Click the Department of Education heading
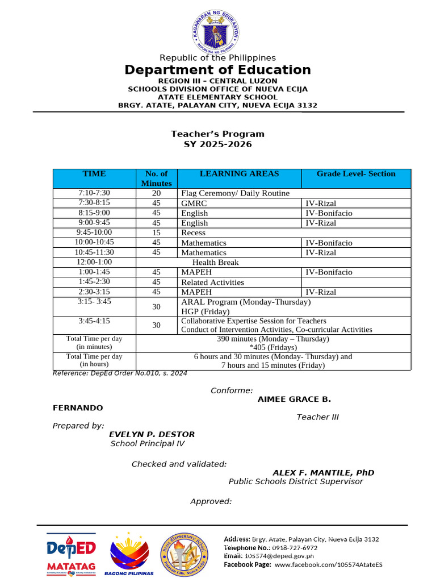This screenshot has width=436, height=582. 217,70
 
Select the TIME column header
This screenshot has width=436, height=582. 94,174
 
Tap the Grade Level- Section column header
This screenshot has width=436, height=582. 356,174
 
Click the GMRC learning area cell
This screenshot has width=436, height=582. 194,203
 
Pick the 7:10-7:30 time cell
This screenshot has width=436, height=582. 94,193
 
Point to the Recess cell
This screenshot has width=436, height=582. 193,232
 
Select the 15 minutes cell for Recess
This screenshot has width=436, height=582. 156,232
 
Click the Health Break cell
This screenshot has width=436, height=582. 215,263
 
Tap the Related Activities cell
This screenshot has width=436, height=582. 212,282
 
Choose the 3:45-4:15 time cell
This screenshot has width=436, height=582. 94,321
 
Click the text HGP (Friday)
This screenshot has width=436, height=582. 206,311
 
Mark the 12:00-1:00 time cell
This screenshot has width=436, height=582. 94,262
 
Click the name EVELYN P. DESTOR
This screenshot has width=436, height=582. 152,434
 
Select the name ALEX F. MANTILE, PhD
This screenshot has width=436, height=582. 323,473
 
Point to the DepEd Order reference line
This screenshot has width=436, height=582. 120,373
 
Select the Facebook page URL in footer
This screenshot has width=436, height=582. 328,564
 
